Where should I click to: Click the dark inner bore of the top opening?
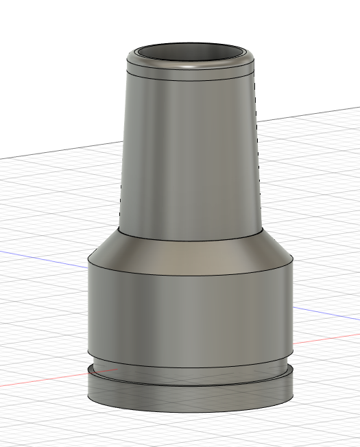pyautogui.click(x=191, y=54)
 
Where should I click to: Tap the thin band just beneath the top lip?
pyautogui.click(x=191, y=76)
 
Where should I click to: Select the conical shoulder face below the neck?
pyautogui.click(x=191, y=251)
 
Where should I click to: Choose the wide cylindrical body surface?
pyautogui.click(x=191, y=315)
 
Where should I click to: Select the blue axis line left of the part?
pyautogui.click(x=41, y=258)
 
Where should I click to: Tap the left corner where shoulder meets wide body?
pyautogui.click(x=89, y=260)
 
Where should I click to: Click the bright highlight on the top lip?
pyautogui.click(x=191, y=67)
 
